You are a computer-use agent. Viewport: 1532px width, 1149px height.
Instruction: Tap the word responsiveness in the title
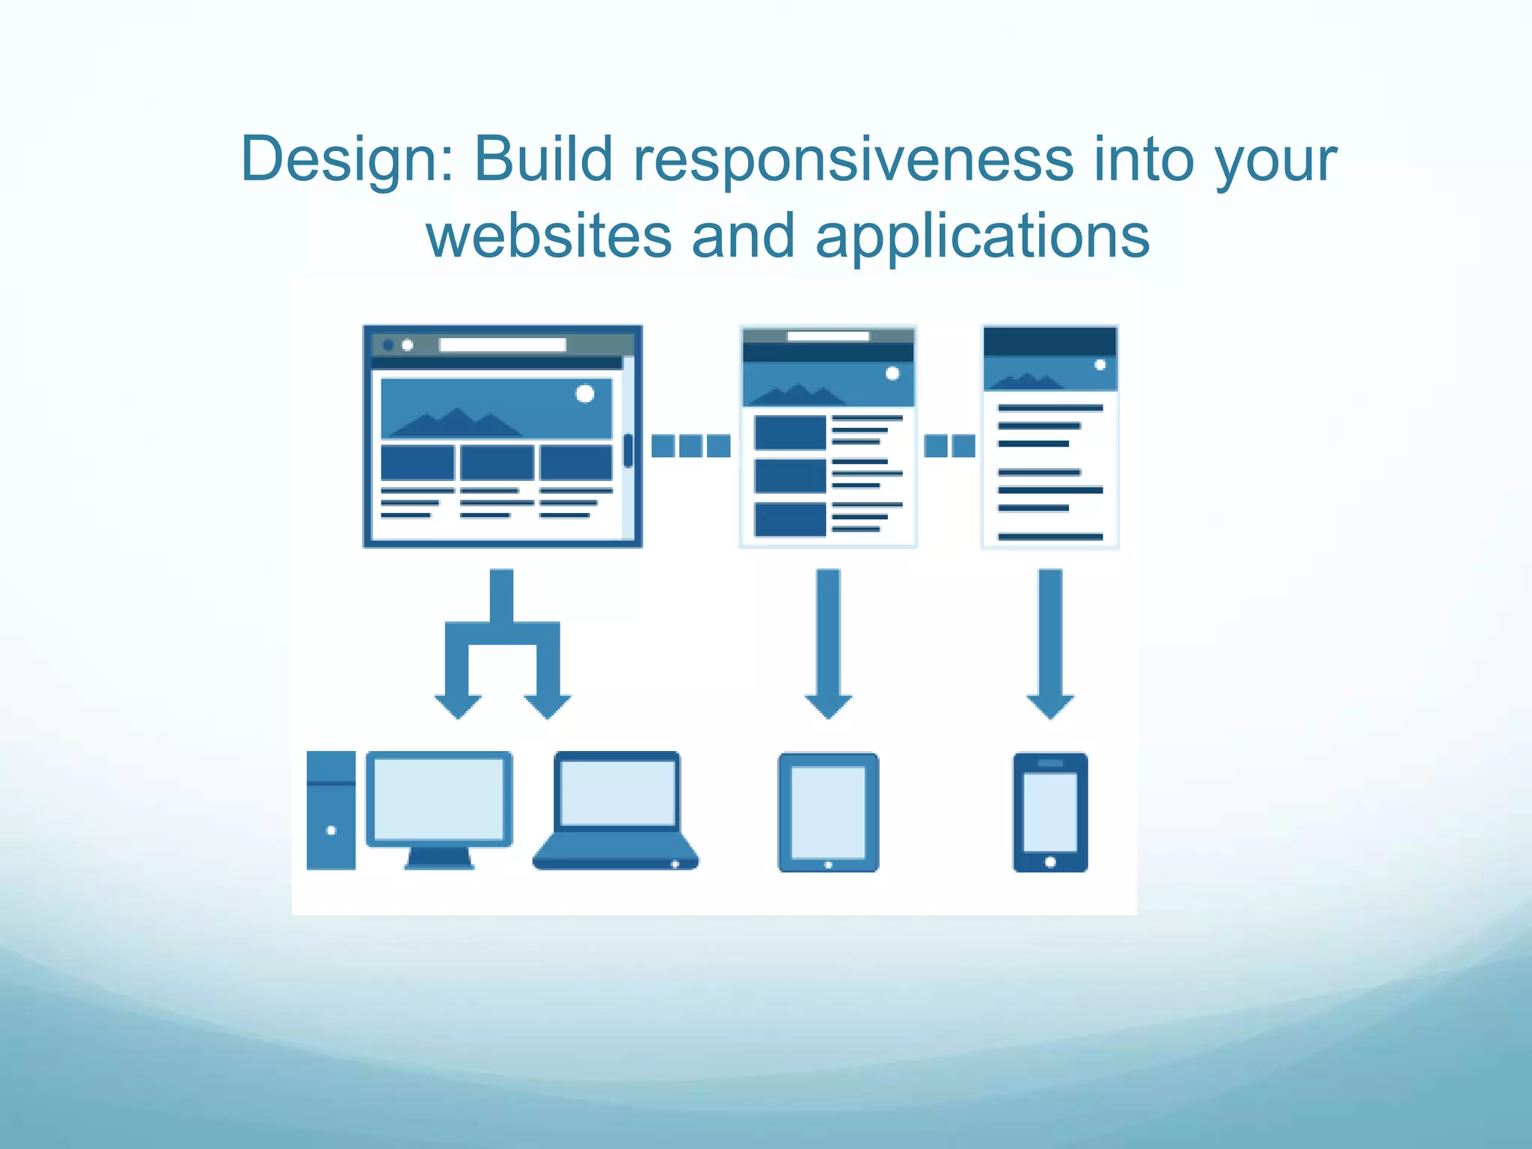tap(854, 161)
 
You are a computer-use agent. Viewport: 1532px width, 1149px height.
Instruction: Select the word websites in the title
tap(548, 236)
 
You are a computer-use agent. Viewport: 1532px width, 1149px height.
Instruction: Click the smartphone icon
tap(1050, 812)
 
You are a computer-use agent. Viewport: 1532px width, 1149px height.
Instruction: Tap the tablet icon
tap(828, 812)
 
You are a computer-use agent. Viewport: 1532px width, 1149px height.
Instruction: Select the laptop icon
tap(616, 812)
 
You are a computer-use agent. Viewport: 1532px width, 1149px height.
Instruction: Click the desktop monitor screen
tap(439, 799)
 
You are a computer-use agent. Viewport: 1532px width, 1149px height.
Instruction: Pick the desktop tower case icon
tap(331, 811)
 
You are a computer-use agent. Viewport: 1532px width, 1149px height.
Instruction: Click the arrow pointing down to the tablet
tap(828, 643)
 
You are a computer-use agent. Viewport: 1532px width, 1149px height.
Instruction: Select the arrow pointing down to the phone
tap(1050, 643)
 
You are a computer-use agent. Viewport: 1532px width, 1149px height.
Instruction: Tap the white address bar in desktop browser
tap(502, 345)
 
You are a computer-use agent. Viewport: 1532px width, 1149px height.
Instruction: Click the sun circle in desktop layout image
tap(585, 393)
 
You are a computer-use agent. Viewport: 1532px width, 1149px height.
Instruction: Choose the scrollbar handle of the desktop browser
tap(628, 450)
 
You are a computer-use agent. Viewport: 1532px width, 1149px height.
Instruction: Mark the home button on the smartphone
tap(1050, 862)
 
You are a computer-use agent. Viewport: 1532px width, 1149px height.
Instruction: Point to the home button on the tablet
tap(828, 865)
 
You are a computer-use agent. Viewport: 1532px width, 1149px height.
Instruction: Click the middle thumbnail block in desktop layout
tap(497, 462)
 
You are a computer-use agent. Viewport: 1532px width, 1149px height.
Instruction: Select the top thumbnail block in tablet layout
tap(790, 433)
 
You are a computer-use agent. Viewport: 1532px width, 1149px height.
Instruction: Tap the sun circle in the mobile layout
tap(1100, 365)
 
